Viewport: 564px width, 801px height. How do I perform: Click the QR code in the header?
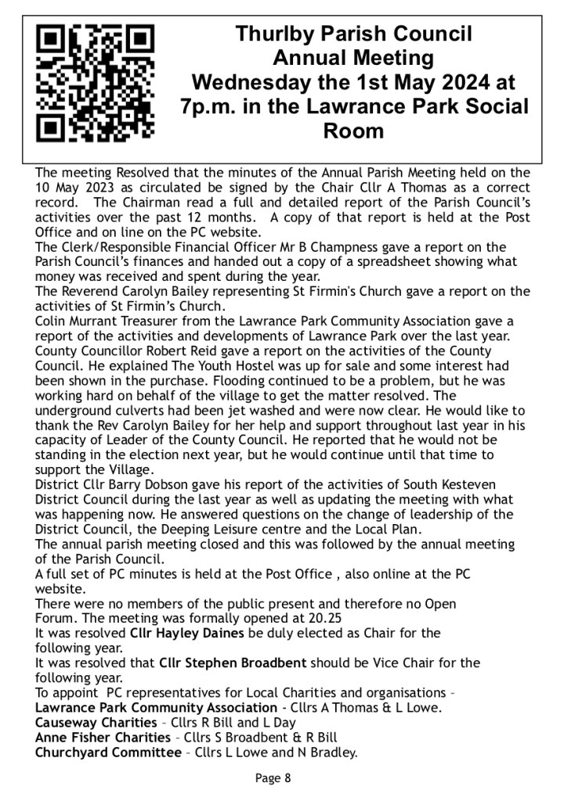click(x=96, y=82)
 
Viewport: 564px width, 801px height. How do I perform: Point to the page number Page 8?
click(x=273, y=778)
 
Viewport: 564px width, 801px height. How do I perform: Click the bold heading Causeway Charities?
click(x=96, y=723)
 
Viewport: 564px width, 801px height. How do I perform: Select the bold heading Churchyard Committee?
click(x=108, y=753)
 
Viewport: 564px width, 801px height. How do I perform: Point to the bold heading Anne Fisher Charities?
click(x=103, y=738)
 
